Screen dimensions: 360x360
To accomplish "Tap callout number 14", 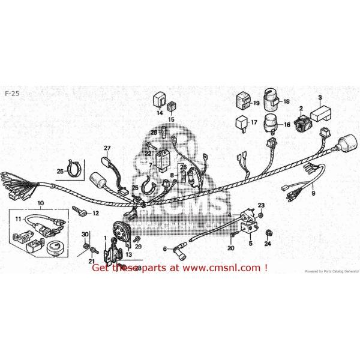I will point(160,113).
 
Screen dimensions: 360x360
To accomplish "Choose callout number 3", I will point(320,98).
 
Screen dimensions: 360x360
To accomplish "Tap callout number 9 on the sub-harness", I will point(313,193).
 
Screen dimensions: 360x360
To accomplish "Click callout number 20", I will point(230,248).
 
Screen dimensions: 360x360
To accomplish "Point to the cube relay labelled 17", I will point(241,124).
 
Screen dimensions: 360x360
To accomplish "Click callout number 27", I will point(108,148).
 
